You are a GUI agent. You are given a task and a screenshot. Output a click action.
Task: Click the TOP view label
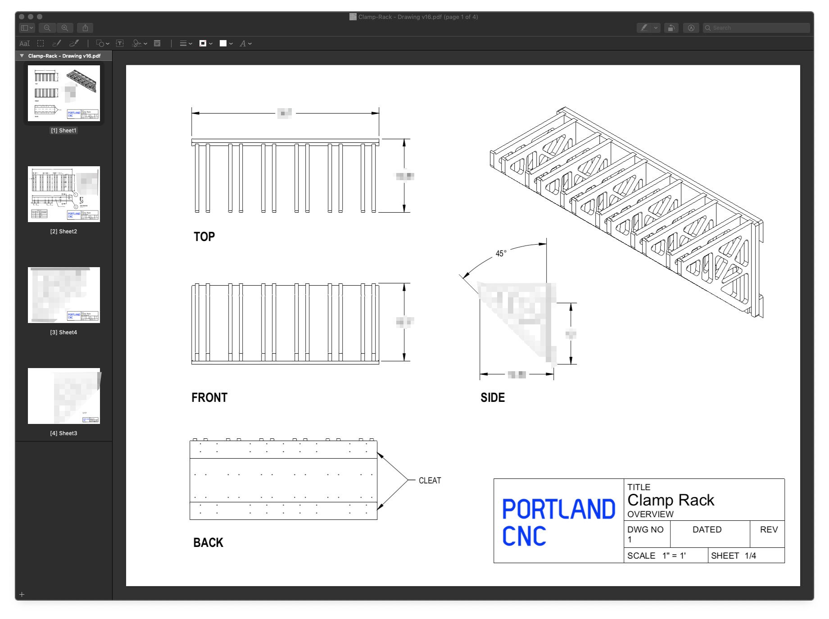204,237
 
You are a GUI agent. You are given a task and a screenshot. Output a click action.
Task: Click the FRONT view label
209,397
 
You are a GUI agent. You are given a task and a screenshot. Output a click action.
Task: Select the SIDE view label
492,397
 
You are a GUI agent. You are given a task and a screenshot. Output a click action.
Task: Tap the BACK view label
208,542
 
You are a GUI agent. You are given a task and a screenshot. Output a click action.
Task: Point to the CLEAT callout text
430,480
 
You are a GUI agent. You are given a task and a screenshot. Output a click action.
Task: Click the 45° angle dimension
501,254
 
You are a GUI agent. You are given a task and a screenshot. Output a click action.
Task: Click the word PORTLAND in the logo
558,509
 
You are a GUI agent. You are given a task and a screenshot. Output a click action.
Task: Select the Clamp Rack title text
670,500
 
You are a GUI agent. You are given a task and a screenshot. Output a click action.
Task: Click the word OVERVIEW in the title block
650,514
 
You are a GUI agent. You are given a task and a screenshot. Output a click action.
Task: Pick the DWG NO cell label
645,529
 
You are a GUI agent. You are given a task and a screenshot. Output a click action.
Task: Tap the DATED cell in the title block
707,529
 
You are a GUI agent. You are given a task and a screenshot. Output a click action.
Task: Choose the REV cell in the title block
769,529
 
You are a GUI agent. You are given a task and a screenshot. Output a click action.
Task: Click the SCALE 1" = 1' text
656,555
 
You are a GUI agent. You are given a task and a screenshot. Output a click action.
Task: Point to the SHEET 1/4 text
733,555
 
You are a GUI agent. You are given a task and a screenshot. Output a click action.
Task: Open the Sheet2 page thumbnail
64,194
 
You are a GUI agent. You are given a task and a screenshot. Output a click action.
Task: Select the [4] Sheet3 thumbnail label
63,433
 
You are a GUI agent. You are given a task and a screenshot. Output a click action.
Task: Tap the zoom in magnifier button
65,28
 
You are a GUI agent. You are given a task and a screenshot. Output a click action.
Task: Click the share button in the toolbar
85,28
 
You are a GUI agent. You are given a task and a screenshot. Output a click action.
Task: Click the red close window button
22,17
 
